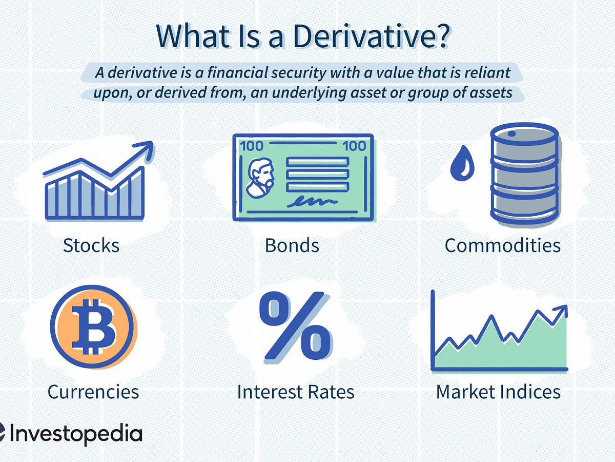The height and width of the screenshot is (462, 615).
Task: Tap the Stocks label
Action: point(91,245)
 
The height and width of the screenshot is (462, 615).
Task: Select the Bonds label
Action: point(292,245)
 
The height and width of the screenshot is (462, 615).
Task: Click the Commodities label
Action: point(503,245)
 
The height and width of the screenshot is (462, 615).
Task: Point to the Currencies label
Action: point(93,392)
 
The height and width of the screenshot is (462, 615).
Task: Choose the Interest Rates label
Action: point(296,392)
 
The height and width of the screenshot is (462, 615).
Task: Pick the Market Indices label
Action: point(499,392)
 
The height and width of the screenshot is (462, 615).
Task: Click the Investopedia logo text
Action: point(76,433)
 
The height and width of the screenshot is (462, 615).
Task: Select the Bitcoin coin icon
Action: point(93,327)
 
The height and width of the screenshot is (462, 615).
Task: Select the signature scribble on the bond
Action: point(312,201)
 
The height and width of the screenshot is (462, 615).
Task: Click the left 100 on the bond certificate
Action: point(251,146)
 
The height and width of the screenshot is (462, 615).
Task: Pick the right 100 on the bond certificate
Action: point(354,146)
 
